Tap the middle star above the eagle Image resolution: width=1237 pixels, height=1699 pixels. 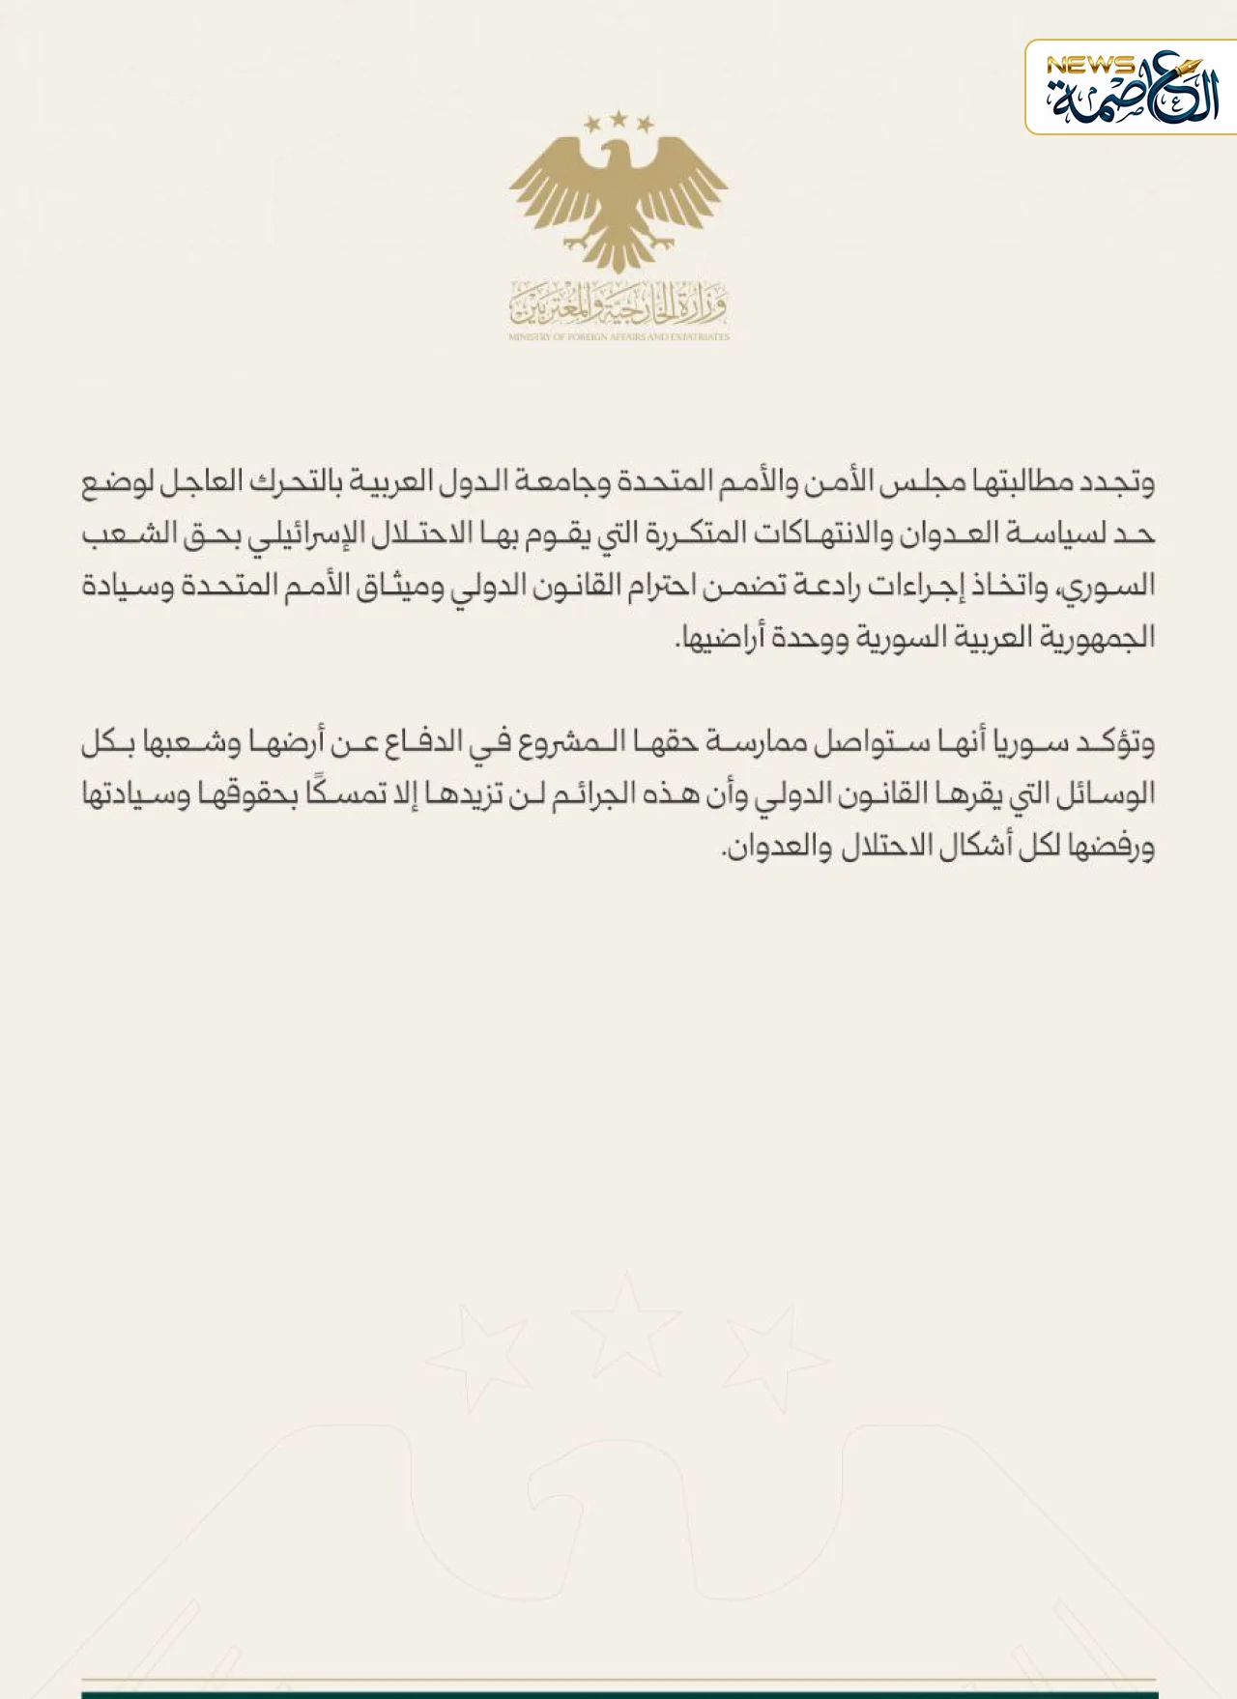click(x=618, y=119)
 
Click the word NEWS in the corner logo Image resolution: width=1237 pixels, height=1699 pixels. click(x=1089, y=66)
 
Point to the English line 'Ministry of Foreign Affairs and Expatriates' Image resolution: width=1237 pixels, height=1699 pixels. click(x=618, y=336)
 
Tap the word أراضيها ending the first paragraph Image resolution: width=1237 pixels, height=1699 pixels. click(x=720, y=638)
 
